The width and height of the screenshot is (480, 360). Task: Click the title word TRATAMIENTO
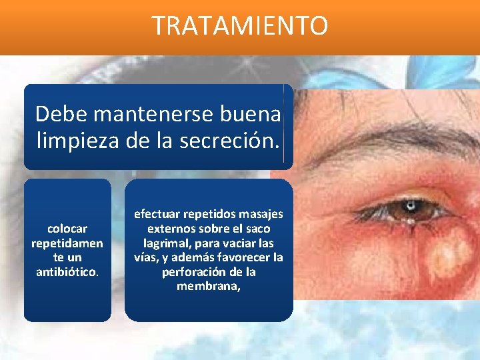[240, 26]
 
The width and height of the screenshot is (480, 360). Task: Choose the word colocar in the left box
[67, 229]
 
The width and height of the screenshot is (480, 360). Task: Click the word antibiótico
[67, 272]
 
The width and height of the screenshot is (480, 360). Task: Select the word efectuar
[161, 215]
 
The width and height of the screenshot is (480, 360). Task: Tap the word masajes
[261, 215]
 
